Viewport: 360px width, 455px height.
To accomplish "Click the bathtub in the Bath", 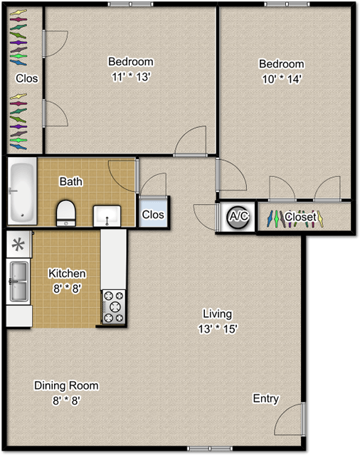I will [x=22, y=191].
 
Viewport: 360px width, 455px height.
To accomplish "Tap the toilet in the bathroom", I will [x=65, y=212].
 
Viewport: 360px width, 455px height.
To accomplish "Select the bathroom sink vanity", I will [x=107, y=214].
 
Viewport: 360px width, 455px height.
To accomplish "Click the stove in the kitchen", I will [x=113, y=306].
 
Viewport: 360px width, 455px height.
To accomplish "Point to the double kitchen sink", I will [x=18, y=282].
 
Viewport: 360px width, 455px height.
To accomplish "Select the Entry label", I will [x=266, y=399].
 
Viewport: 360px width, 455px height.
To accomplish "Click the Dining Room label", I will [x=66, y=385].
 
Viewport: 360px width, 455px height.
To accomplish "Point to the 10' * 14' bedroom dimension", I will [x=281, y=79].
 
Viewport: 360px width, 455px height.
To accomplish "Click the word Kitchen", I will [x=67, y=274].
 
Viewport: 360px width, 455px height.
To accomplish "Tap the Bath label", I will [x=70, y=181].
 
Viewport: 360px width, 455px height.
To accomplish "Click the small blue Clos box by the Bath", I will [x=154, y=214].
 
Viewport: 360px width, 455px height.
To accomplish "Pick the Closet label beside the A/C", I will [x=300, y=217].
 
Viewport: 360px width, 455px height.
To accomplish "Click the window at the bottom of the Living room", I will [x=209, y=448].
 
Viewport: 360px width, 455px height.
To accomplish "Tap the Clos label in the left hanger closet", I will [x=27, y=78].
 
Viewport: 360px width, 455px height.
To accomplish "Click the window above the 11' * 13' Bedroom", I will [x=130, y=4].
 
